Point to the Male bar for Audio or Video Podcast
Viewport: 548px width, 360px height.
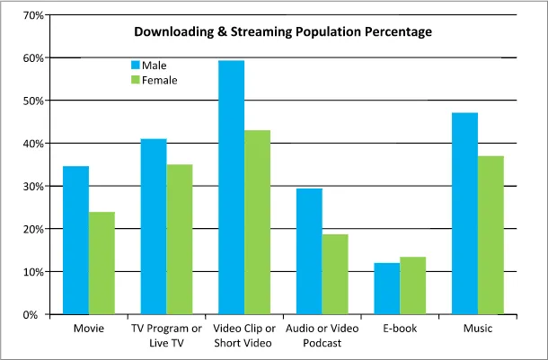[309, 251]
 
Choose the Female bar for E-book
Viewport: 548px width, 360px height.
[412, 285]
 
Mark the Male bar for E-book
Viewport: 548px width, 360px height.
[386, 288]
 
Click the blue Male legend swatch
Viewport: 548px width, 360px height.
[137, 66]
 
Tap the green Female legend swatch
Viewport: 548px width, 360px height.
[137, 80]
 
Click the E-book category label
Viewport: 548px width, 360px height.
[399, 329]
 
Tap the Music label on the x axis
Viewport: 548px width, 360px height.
[477, 329]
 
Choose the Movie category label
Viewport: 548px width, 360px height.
[88, 329]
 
